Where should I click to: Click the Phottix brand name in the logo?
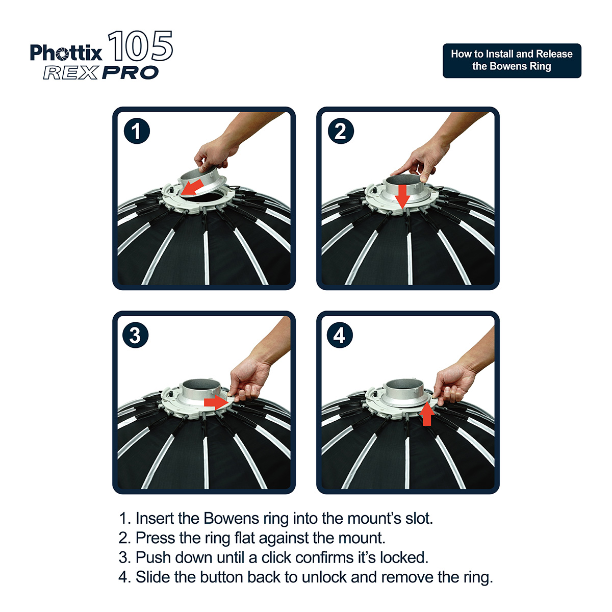(66, 53)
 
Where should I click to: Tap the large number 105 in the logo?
(140, 46)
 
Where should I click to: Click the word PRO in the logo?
(130, 73)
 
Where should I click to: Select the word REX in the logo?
(70, 73)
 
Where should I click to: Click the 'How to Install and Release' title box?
(512, 61)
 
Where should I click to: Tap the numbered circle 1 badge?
(137, 131)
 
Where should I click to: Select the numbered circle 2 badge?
(341, 131)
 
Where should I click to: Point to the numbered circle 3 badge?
(136, 335)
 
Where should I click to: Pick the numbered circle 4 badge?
(340, 335)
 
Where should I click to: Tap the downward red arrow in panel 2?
(402, 196)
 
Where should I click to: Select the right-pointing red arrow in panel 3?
(216, 402)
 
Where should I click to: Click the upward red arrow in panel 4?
(427, 413)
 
